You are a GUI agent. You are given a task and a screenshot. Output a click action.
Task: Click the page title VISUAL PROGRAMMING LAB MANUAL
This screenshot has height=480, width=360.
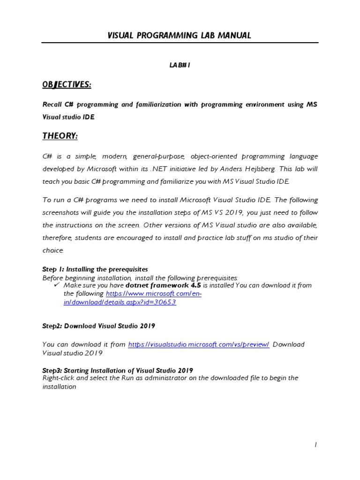pos(180,35)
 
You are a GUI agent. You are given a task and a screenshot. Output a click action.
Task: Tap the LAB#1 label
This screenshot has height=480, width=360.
pos(180,65)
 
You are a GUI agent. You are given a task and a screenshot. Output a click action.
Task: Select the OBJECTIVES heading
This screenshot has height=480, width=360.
pos(67,84)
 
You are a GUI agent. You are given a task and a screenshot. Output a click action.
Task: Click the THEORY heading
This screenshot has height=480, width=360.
pos(60,136)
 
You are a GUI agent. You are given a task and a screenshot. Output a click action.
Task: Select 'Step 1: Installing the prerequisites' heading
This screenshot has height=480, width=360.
pos(95,270)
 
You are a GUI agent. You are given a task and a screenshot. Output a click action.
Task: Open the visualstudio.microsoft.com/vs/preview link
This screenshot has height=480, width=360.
pos(198,345)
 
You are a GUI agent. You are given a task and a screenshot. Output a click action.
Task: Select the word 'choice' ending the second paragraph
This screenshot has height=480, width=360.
pos(53,250)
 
